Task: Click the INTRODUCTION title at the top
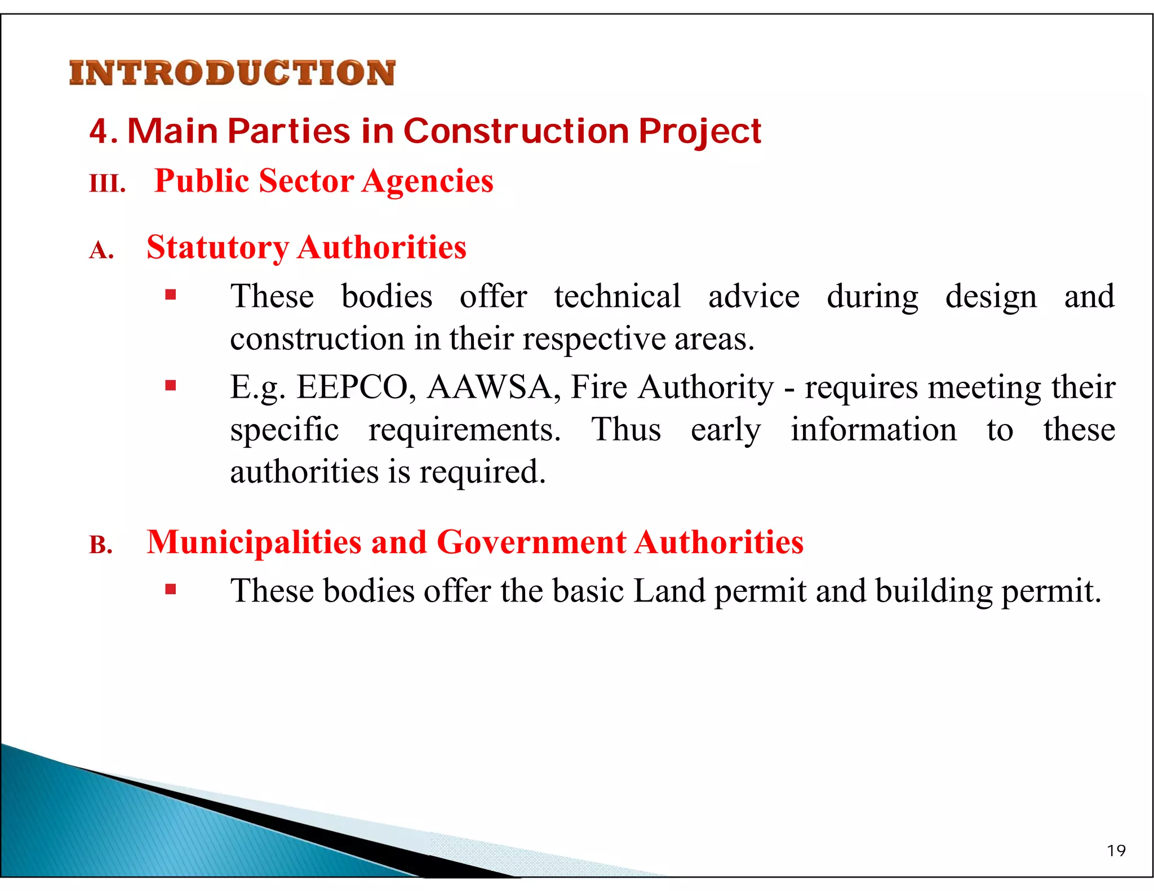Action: click(232, 73)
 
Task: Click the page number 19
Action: click(1116, 850)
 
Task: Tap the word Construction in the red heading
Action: click(516, 131)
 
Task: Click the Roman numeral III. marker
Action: click(107, 184)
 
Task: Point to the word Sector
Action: click(307, 181)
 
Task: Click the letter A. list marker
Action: click(102, 250)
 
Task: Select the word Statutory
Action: click(218, 248)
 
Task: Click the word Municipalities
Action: click(254, 542)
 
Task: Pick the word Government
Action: click(531, 542)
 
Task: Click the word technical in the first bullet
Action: click(617, 297)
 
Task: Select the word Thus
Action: click(626, 430)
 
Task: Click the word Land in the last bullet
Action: click(669, 591)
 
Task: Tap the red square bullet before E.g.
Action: click(171, 386)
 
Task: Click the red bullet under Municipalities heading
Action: click(171, 590)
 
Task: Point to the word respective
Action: click(593, 340)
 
